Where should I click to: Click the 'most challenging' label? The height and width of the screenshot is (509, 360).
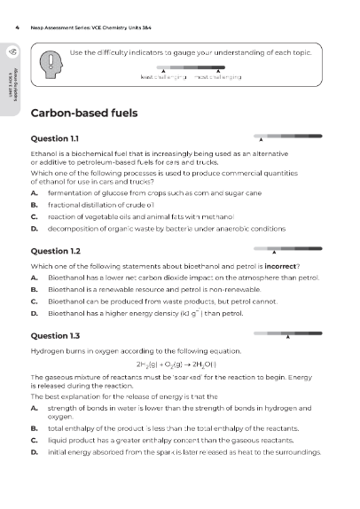pyautogui.click(x=218, y=77)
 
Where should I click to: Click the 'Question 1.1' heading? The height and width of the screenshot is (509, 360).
pyautogui.click(x=55, y=140)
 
